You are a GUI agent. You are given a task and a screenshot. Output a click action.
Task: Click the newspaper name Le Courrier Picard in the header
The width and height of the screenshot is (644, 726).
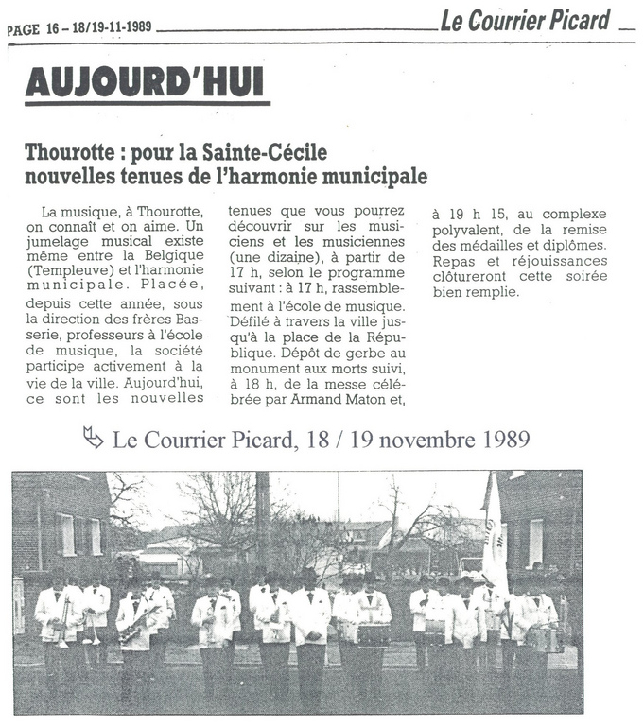[x=526, y=21]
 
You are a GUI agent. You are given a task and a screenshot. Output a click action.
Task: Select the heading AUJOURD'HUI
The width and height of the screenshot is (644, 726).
[x=146, y=83]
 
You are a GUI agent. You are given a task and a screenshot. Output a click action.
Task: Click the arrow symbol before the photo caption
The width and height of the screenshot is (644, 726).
[x=93, y=438]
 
